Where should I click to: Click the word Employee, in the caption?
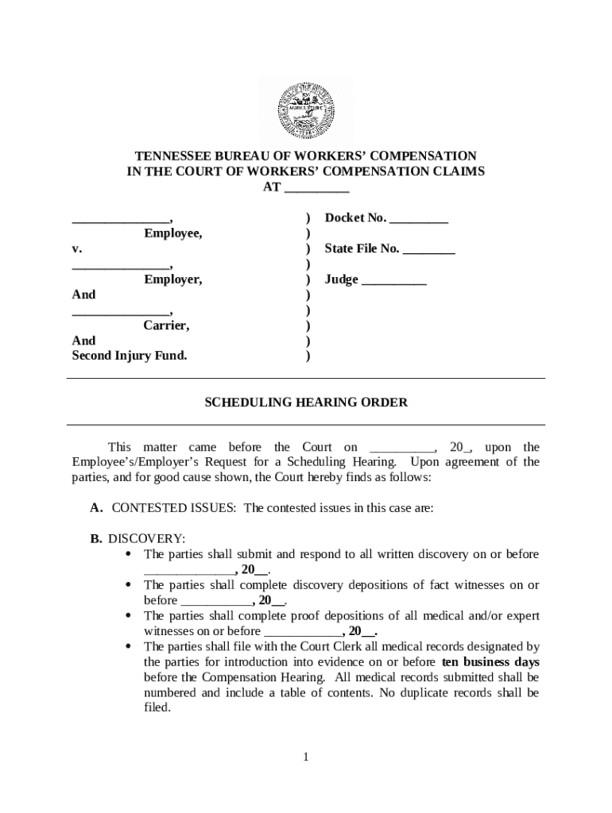(x=172, y=233)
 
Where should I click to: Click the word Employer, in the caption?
(x=172, y=279)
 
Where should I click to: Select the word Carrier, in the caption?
(x=166, y=326)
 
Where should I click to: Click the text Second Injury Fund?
(x=130, y=356)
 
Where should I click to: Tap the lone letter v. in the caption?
(x=77, y=249)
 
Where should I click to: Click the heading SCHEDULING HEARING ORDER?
(x=306, y=403)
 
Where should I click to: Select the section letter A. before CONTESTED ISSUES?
(x=97, y=508)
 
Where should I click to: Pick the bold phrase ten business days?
(x=490, y=661)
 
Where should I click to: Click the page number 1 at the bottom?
(x=305, y=757)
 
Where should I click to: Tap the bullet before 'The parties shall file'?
(x=129, y=646)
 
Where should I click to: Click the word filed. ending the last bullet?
(x=157, y=707)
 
